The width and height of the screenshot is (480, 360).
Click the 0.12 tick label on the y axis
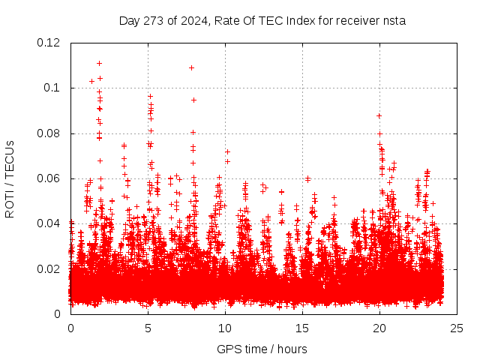coord(49,43)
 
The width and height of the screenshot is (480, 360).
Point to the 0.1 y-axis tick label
coord(52,88)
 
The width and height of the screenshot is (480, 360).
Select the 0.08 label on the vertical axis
coord(49,133)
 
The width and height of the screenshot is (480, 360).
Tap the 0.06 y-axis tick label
coord(49,178)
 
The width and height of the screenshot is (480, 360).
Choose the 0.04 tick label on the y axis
coord(49,223)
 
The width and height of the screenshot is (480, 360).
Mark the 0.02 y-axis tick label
coord(49,268)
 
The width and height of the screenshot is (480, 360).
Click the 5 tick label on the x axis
coord(148,328)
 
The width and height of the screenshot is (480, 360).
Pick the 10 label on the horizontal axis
coord(225,328)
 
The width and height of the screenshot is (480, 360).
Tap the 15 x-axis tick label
coord(302,328)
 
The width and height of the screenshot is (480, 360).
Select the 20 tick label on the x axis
coord(380,328)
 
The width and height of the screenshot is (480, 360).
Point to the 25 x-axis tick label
coord(457,328)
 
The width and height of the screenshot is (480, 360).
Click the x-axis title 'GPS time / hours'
coord(262,349)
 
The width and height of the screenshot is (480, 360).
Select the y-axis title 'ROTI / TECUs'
coord(10,178)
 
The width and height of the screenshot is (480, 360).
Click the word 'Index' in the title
coord(293,20)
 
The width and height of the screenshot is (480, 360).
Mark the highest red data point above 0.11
coord(99,63)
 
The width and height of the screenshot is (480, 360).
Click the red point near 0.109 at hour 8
coord(191,67)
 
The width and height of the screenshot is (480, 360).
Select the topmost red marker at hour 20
coord(379,115)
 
